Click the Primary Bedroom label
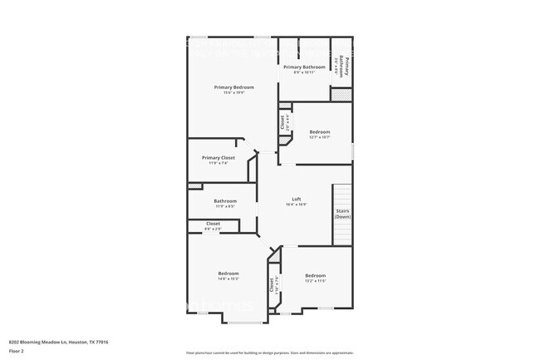[x=233, y=87]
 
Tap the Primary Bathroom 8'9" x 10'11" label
[x=304, y=67]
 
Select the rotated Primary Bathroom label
[x=341, y=65]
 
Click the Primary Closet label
[x=218, y=157]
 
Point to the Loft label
[x=296, y=199]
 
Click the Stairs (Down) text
[x=342, y=214]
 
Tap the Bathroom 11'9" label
[x=225, y=200]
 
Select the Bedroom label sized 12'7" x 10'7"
[x=320, y=131]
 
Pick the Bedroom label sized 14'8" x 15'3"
[x=228, y=274]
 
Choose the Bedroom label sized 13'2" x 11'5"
[x=315, y=275]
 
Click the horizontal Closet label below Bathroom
[x=213, y=224]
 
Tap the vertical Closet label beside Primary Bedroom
[x=283, y=122]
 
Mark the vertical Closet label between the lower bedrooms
[x=271, y=284]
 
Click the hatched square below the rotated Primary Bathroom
[x=341, y=94]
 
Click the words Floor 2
[x=17, y=351]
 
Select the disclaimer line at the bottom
[x=270, y=353]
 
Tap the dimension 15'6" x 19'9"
[x=233, y=92]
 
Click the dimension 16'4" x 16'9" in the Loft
[x=296, y=205]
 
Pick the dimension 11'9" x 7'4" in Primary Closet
[x=218, y=163]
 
